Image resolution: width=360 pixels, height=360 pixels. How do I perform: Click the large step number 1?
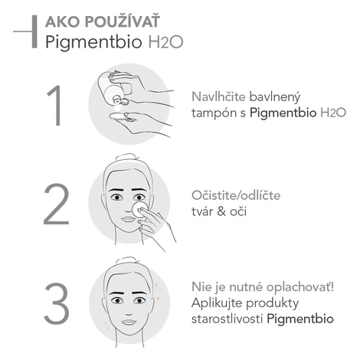[x=55, y=105]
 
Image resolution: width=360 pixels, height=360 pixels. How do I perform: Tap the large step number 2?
[x=57, y=204]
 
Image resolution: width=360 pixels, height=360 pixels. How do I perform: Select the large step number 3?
[x=57, y=303]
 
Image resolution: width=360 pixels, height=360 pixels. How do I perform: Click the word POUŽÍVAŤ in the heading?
[x=123, y=21]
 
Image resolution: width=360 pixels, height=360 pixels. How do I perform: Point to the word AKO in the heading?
[x=62, y=21]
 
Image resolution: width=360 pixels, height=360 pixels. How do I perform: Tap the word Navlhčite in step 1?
[x=218, y=97]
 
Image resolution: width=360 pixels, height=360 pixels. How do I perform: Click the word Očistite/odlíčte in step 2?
[x=236, y=195]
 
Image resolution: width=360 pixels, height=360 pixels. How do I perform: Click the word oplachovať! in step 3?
[x=300, y=287]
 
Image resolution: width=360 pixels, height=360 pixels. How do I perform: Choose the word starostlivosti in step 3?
[x=227, y=319]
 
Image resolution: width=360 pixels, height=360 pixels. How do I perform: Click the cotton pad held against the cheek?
[x=139, y=208]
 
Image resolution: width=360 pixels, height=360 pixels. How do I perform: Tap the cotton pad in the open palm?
[x=121, y=118]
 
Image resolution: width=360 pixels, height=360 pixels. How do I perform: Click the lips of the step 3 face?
[x=129, y=322]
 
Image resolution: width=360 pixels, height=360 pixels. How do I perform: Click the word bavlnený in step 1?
[x=275, y=97]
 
